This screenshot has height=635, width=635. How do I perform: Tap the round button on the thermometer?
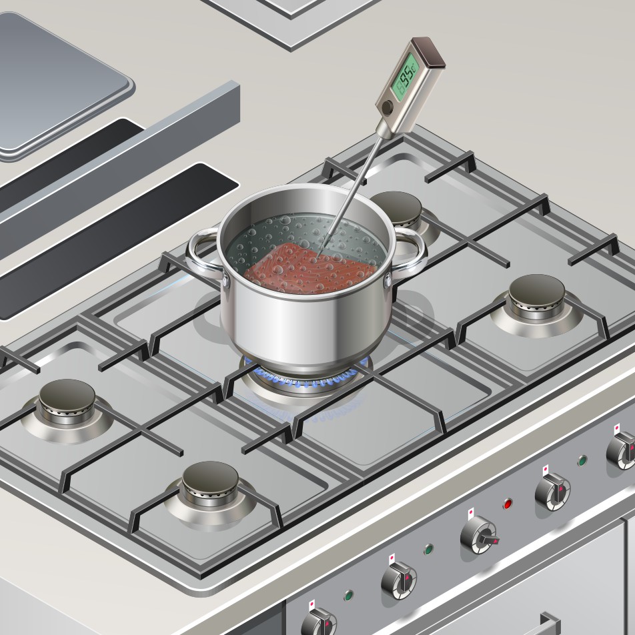click(387, 107)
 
